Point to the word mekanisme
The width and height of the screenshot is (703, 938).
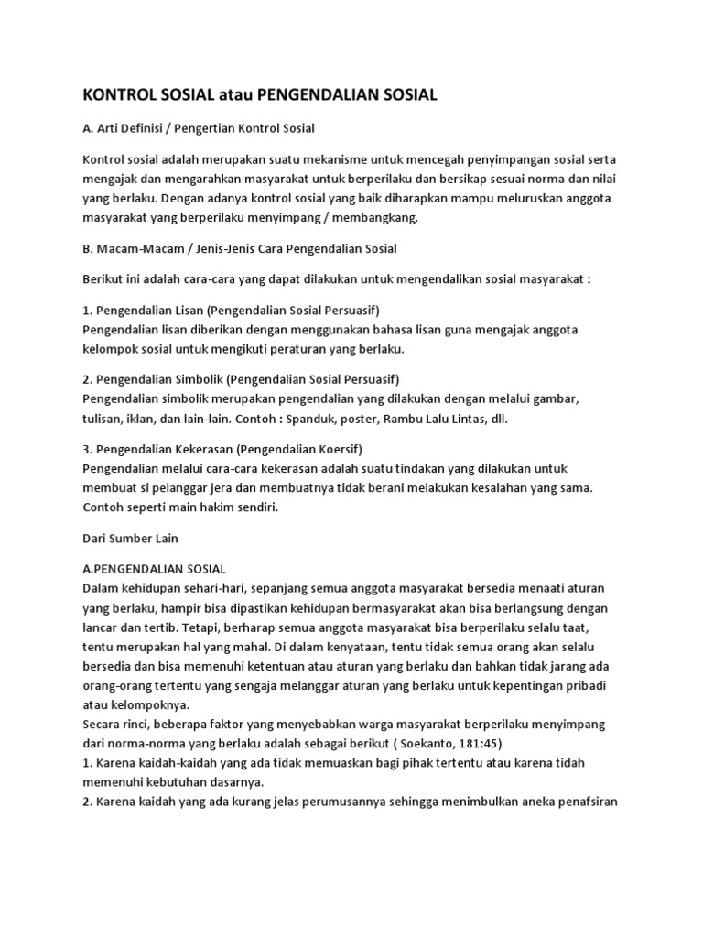tap(344, 159)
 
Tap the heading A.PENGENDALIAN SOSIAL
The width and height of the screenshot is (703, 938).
tap(160, 569)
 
